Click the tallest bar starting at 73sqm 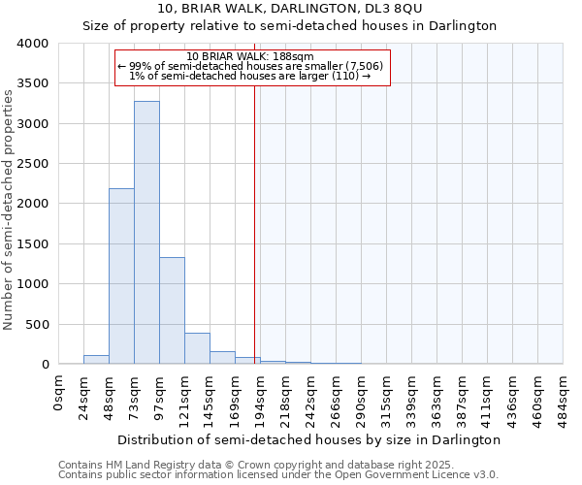146,233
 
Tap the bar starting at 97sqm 172,310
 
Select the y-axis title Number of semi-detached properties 9,209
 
